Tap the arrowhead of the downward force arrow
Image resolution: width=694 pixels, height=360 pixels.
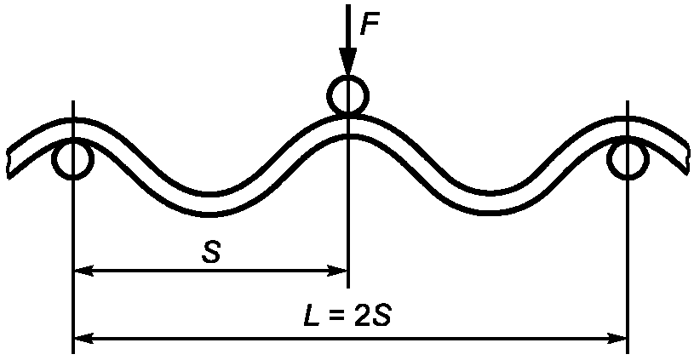click(x=347, y=61)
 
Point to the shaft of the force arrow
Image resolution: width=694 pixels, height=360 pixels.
click(x=347, y=26)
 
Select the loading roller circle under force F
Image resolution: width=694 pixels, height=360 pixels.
click(x=347, y=95)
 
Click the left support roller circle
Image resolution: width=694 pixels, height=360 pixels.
click(x=73, y=159)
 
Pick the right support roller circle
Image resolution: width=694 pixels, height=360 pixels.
click(x=628, y=159)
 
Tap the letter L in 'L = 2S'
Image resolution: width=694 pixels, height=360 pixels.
click(x=313, y=318)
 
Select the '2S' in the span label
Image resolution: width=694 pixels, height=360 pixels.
click(x=371, y=318)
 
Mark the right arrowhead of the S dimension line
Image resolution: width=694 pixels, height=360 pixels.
click(x=338, y=271)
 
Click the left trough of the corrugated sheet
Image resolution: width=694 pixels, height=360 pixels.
click(x=210, y=199)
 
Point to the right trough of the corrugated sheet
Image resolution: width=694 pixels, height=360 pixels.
click(x=487, y=199)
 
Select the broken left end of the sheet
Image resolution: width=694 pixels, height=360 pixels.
click(x=10, y=157)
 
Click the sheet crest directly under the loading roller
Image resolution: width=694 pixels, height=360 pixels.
click(x=347, y=124)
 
